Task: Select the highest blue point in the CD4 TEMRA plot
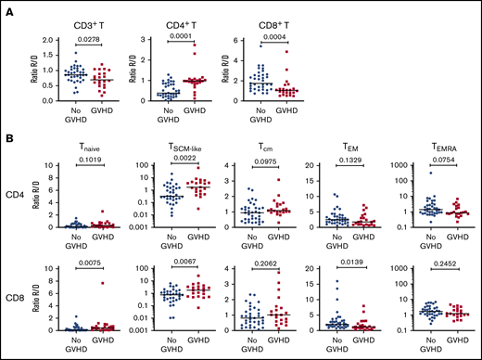pyautogui.click(x=407, y=174)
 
